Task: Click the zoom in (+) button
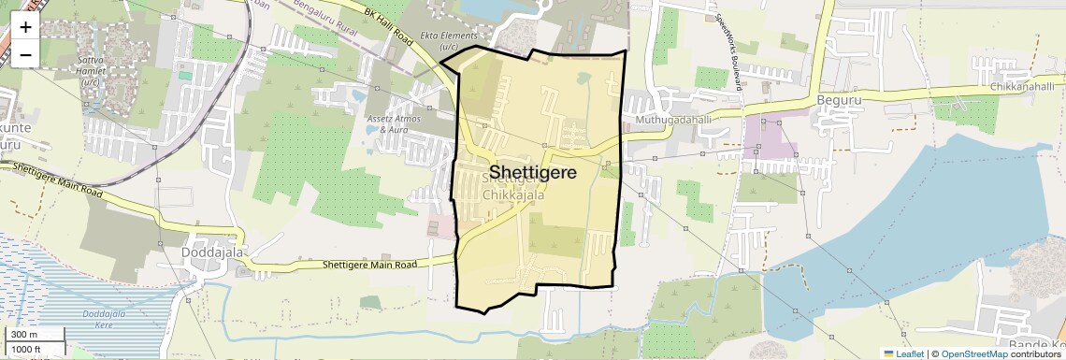point(25,27)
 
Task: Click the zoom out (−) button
point(25,54)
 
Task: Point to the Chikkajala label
point(513,195)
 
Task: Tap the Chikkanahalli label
point(1023,86)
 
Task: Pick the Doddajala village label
point(205,252)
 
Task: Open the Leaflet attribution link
point(902,353)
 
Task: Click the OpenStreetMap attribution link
point(973,353)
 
